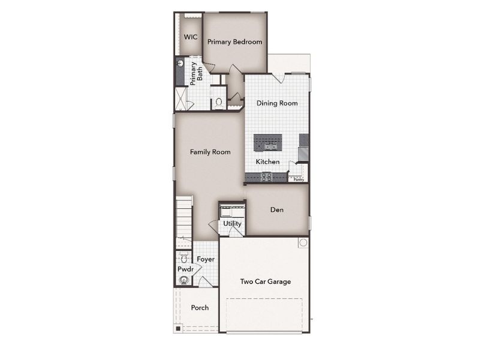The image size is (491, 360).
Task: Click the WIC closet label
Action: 191,37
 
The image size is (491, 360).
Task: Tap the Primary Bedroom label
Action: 234,42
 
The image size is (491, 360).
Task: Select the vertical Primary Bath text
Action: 197,73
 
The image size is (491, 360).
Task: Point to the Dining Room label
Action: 277,103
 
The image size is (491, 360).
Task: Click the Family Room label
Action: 210,152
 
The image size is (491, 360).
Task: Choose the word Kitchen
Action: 267,162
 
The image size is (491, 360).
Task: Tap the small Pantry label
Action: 299,179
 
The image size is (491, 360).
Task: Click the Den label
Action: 276,210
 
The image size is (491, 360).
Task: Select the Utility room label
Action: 232,224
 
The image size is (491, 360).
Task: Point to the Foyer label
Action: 206,259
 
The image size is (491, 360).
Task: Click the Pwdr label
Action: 185,269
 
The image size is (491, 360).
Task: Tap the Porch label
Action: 200,308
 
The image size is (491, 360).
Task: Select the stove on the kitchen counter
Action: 267,176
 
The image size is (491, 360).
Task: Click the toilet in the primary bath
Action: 218,102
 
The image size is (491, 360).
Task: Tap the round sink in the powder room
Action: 185,279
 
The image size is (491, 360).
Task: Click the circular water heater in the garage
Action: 303,243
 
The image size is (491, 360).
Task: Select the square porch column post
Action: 178,328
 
